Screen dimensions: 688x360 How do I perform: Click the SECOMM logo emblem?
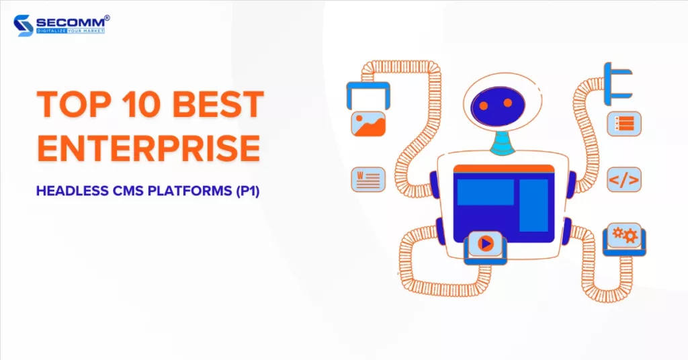click(24, 26)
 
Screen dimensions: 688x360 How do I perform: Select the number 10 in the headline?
click(140, 104)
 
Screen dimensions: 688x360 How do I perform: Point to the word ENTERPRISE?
click(148, 148)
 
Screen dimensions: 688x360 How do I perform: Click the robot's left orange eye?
click(484, 105)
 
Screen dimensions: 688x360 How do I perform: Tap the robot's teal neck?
click(503, 142)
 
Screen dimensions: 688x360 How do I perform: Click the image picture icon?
click(368, 124)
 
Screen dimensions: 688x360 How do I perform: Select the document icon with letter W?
click(368, 179)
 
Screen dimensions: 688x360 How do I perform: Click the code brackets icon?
click(624, 179)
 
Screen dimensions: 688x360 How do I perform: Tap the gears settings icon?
click(625, 236)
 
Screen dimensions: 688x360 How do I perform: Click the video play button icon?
click(485, 243)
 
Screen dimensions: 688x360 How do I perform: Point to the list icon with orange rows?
click(624, 124)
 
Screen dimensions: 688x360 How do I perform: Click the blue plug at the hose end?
click(617, 84)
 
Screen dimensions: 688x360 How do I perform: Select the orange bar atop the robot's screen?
click(504, 169)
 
